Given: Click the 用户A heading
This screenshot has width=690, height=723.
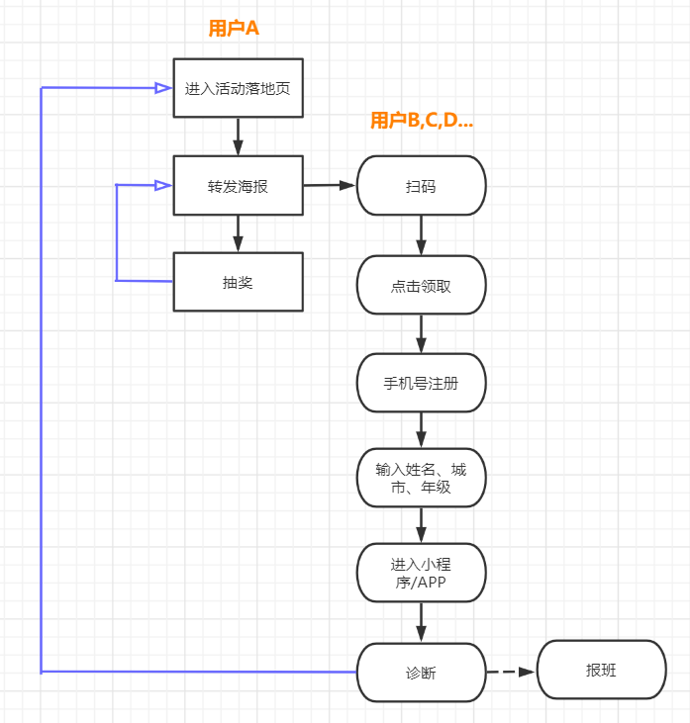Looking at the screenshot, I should point(234,29).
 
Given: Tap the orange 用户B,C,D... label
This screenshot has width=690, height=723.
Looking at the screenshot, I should point(422,121).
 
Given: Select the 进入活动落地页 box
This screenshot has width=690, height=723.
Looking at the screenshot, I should point(238,88).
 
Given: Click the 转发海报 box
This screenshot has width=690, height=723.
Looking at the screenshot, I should point(238,185).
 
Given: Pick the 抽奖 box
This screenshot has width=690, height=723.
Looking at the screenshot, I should point(238,282).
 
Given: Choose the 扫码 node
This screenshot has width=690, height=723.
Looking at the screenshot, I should point(421,186).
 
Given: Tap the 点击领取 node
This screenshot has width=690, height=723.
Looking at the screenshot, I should point(421,286).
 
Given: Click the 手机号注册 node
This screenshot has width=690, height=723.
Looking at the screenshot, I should point(421,383).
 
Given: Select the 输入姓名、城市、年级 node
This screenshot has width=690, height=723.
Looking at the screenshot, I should point(421,479).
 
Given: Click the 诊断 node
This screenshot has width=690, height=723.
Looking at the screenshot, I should point(421,673).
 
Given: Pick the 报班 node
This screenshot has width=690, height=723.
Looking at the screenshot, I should point(601,671).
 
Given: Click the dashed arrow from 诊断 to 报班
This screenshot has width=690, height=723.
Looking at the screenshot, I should point(511,672).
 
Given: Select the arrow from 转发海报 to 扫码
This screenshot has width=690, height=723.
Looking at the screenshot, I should point(329,185).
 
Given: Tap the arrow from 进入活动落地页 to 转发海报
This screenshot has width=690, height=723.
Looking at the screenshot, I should point(238,136).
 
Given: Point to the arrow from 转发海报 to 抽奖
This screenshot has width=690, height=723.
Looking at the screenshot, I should point(238,233).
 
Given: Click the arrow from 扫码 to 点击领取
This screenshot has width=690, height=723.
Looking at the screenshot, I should point(421,235).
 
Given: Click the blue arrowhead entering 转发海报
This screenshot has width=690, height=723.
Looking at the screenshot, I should point(163,185).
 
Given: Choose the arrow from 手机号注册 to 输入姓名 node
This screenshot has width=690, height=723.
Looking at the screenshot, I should point(421,430).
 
